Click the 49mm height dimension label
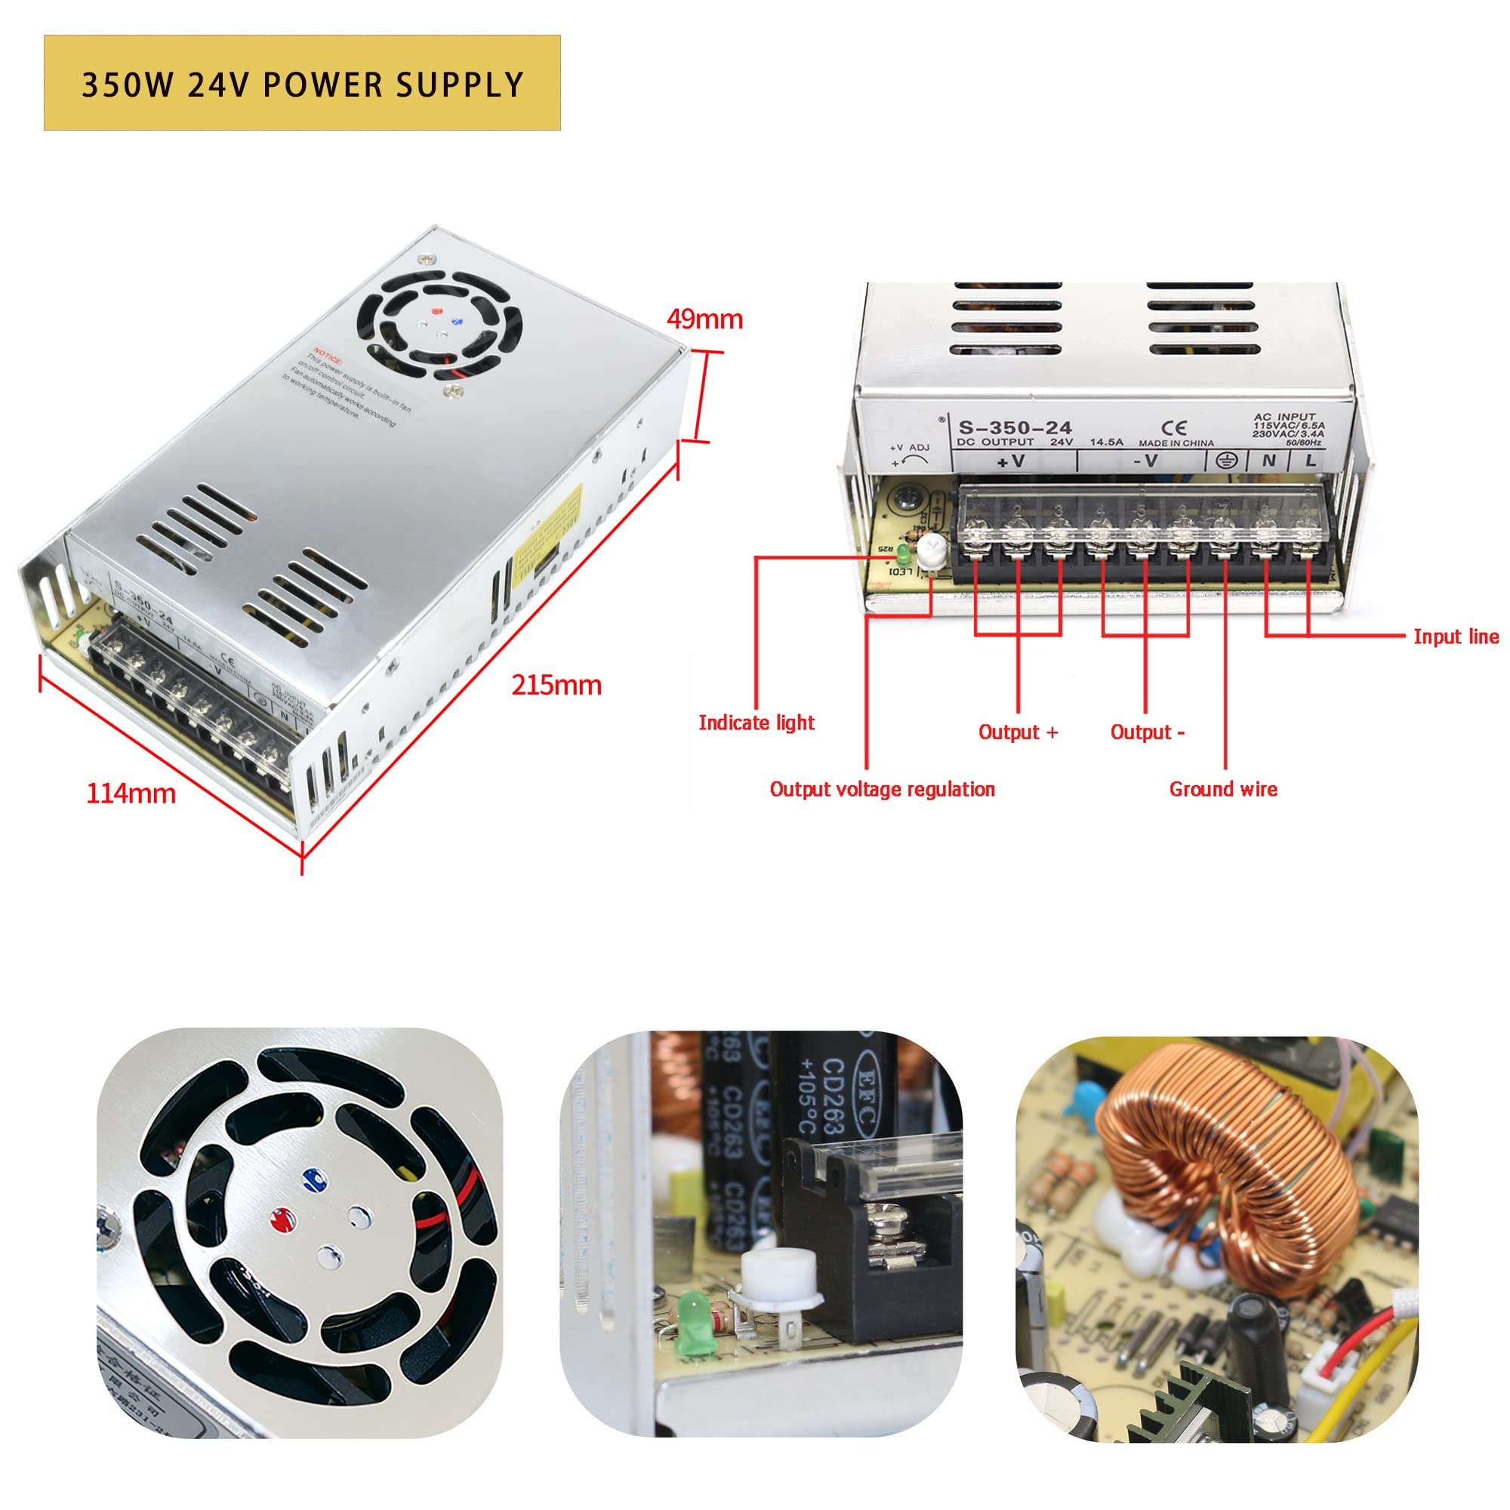[704, 319]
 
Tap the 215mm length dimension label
[556, 686]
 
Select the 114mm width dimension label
[131, 794]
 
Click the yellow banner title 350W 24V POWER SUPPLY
[303, 84]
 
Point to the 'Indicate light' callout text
[756, 723]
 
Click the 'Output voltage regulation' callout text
[883, 790]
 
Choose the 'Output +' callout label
[1018, 732]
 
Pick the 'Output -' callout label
[1148, 732]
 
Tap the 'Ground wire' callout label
[1223, 790]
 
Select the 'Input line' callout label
[1456, 637]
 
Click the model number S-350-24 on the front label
[1015, 427]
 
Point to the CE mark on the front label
[1174, 427]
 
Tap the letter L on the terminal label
[1311, 461]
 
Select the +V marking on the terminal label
[1011, 461]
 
